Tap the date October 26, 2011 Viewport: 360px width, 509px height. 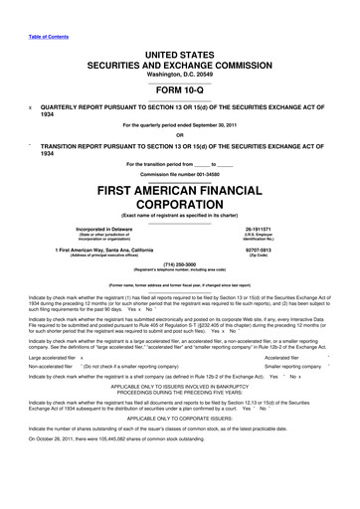point(55,466)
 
